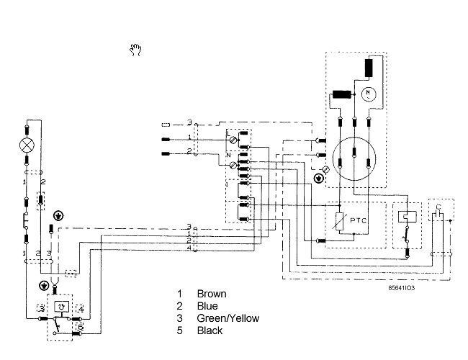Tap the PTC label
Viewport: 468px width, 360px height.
click(x=358, y=221)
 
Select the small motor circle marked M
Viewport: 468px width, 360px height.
click(x=369, y=94)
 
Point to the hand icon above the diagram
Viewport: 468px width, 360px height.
click(x=135, y=50)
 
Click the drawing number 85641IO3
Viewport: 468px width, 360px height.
click(x=401, y=287)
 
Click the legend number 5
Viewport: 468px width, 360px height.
click(x=180, y=330)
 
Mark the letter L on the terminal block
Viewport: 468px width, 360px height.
click(x=228, y=135)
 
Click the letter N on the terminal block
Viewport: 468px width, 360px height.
click(x=228, y=154)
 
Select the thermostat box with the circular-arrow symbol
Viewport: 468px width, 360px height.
click(x=62, y=305)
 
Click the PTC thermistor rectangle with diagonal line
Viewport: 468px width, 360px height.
click(x=338, y=222)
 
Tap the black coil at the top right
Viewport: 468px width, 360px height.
click(x=371, y=67)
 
